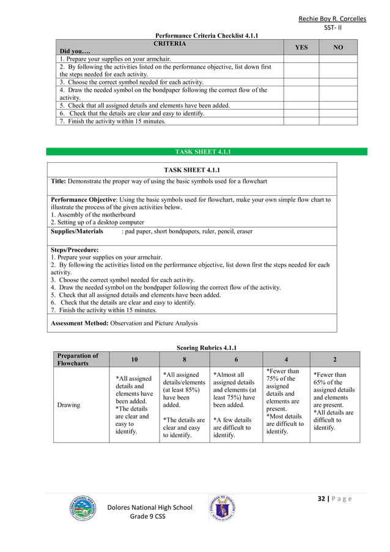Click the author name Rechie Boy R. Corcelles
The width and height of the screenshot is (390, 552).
tap(332, 19)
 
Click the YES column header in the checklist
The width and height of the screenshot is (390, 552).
tap(301, 47)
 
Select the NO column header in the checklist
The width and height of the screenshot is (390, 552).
tap(337, 47)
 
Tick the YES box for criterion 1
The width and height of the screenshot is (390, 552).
tap(301, 59)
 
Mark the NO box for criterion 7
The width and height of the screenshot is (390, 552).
tap(337, 121)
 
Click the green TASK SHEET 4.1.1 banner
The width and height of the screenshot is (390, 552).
tap(207, 152)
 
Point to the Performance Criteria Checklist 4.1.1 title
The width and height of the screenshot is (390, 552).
tap(207, 36)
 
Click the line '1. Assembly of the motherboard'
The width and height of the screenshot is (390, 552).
tap(93, 215)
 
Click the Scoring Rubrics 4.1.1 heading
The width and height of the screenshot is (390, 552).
tap(206, 348)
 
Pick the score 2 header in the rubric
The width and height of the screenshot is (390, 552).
tap(334, 359)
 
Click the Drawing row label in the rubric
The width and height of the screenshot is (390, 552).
tap(68, 405)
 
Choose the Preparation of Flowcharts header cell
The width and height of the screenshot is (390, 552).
tap(78, 359)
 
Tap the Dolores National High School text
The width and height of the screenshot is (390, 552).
tap(150, 507)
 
